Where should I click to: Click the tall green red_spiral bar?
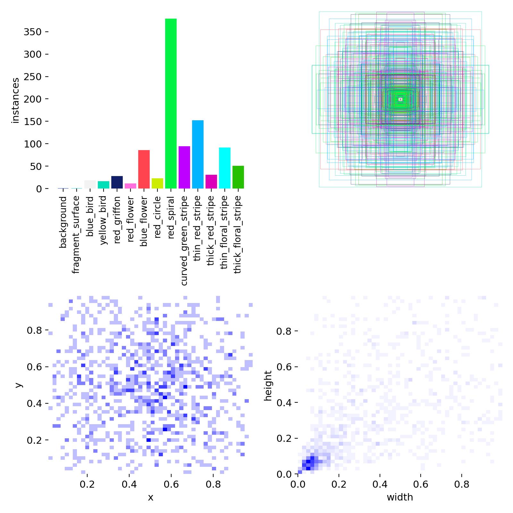[x=171, y=104]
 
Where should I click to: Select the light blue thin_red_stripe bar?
[x=198, y=154]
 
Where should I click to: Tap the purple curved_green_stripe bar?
[x=184, y=167]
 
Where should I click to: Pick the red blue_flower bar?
[x=144, y=169]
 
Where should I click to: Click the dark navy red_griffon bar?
[x=117, y=182]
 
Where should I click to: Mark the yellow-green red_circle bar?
[x=157, y=183]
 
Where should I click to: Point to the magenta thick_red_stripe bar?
[x=211, y=181]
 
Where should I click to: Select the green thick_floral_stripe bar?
[x=238, y=177]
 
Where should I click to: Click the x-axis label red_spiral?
[x=171, y=218]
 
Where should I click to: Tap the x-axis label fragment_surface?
[x=76, y=235]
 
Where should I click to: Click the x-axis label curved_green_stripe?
[x=184, y=240]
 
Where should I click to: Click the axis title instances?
[x=15, y=100]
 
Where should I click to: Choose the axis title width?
[x=400, y=497]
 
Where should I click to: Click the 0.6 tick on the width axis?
[x=421, y=484]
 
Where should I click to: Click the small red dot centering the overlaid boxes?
[x=400, y=99]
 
